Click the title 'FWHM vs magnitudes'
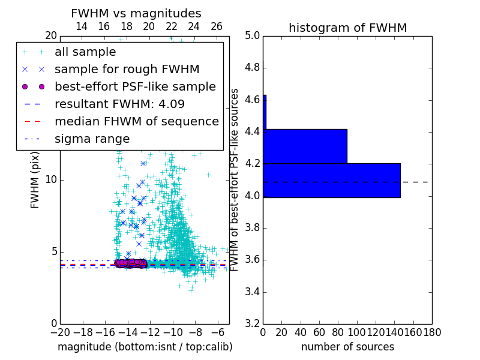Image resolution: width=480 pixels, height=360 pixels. pos(136,13)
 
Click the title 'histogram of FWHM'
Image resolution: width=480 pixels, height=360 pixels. pos(347,28)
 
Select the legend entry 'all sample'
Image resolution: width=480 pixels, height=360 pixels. pos(85,52)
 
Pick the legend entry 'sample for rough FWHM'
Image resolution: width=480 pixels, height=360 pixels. pos(127,70)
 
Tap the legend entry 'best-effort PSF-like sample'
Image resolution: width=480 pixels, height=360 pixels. pos(135,87)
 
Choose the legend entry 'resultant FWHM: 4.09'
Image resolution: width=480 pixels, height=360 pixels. pos(119,104)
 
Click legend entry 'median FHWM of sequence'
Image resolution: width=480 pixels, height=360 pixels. pos(136,122)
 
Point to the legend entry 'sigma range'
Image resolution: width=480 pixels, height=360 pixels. pos(92,139)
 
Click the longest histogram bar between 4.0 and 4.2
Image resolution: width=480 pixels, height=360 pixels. pos(332,180)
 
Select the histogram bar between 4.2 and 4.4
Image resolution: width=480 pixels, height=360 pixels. pos(305,146)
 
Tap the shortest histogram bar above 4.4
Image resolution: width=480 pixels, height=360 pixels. pos(265,112)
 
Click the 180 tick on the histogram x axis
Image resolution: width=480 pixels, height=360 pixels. pos(432,332)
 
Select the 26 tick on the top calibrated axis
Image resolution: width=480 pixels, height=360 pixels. pos(217,27)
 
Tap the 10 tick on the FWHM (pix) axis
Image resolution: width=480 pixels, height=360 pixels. pos(52,180)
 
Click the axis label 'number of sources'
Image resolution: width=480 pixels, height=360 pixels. pos(347,347)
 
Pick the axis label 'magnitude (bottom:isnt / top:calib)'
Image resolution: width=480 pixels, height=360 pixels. pos(145,347)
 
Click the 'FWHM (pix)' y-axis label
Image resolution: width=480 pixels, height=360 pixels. pos(35,180)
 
